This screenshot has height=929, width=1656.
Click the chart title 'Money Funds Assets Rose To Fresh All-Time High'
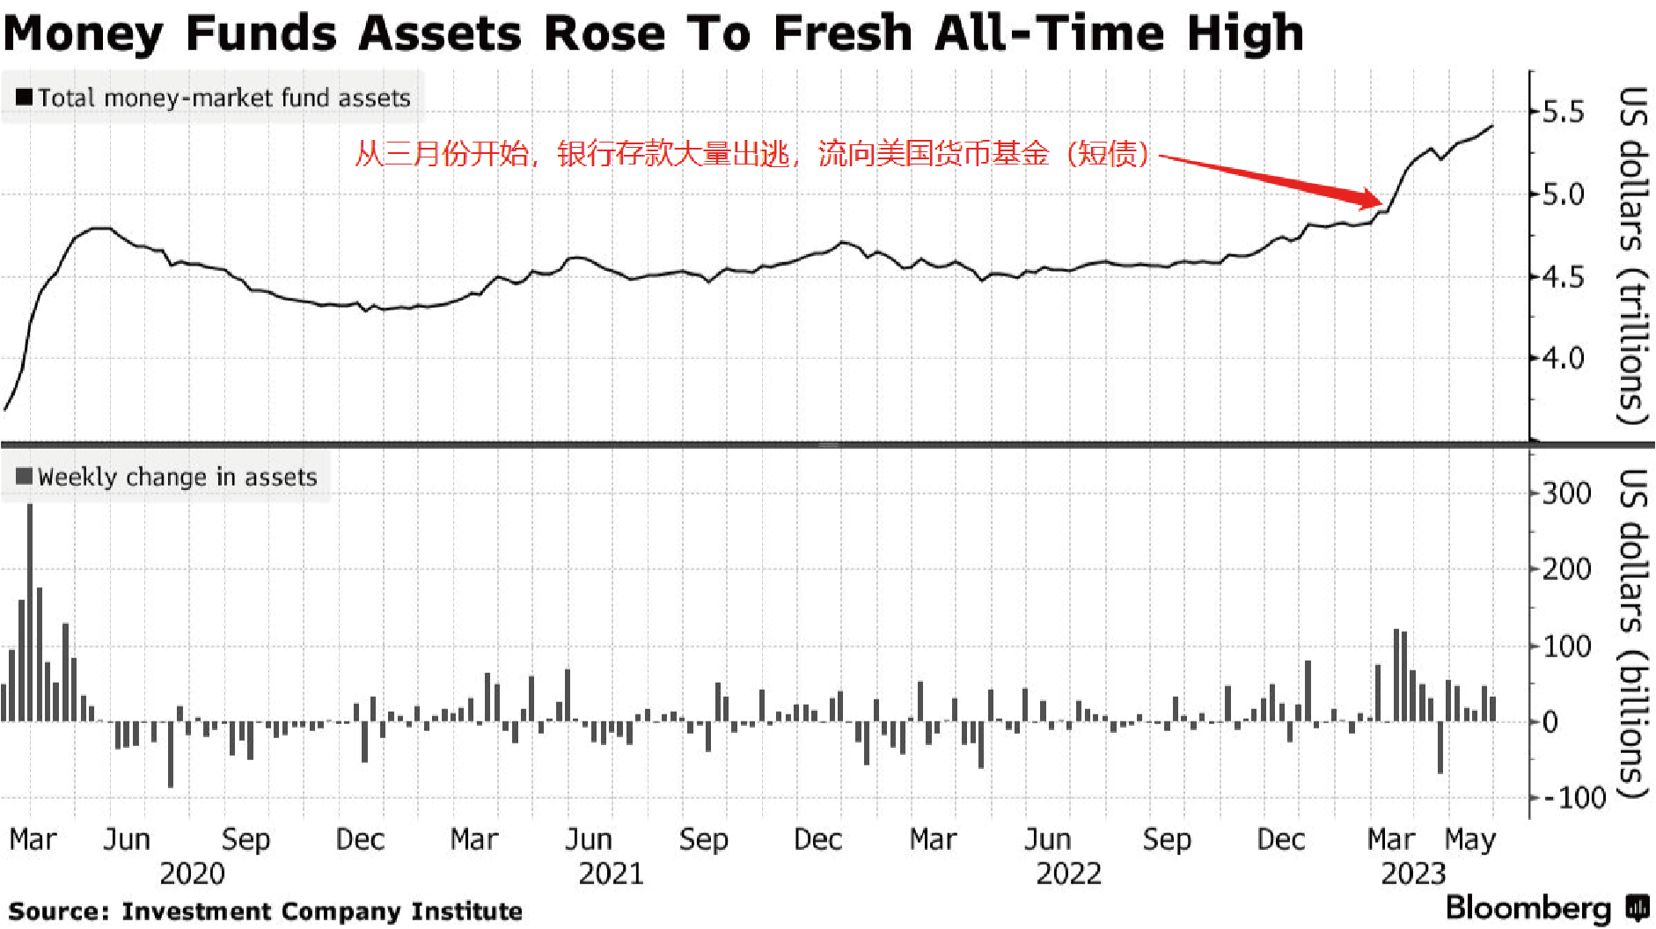pos(653,33)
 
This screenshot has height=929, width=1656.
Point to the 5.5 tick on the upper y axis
pos(1563,112)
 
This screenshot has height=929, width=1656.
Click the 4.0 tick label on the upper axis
pos(1563,358)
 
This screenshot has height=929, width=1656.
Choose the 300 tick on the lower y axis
pos(1566,493)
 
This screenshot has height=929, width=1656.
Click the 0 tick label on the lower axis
pos(1550,722)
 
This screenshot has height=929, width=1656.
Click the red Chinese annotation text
pos(751,154)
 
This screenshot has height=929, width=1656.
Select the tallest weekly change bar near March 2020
pos(30,612)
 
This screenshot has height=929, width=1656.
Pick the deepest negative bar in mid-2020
pos(171,754)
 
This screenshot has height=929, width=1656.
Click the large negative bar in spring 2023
pos(1440,748)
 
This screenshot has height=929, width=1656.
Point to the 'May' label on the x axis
pos(1469,839)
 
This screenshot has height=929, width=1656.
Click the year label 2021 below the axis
pos(611,874)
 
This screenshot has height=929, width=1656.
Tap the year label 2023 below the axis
pos(1413,874)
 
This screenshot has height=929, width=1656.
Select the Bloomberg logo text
pos(1528,908)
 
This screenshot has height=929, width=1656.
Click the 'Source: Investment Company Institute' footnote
pos(266,911)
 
